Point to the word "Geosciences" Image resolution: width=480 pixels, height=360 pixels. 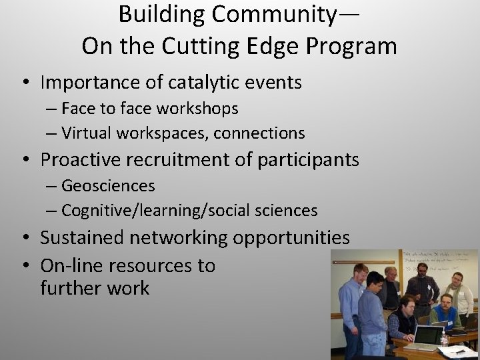tap(108, 185)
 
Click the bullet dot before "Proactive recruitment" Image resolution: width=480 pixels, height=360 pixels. tap(24, 160)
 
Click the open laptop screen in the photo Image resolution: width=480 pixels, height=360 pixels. tap(427, 335)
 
